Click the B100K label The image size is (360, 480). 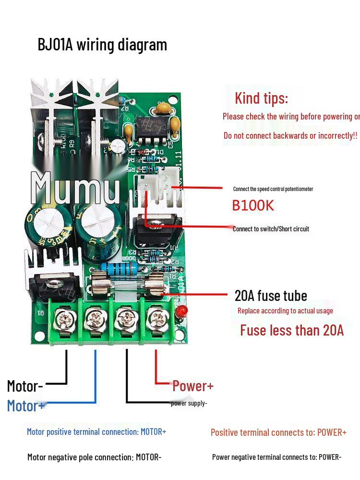tap(253, 205)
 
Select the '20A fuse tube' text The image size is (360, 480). tap(271, 295)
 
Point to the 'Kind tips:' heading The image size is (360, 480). tap(261, 98)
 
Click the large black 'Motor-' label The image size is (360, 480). tap(25, 386)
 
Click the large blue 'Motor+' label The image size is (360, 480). tap(26, 406)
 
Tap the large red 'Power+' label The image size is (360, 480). tap(193, 385)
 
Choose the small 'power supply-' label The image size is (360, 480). tap(189, 403)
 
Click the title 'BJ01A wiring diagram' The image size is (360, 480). tap(102, 45)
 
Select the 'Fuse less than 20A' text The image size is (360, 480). tap(292, 330)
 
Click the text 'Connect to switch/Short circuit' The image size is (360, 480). tap(271, 229)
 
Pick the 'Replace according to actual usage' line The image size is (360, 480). tap(285, 311)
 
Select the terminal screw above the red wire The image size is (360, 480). tap(156, 318)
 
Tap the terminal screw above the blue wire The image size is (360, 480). tap(95, 318)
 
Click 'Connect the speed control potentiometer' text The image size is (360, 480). tap(273, 189)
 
